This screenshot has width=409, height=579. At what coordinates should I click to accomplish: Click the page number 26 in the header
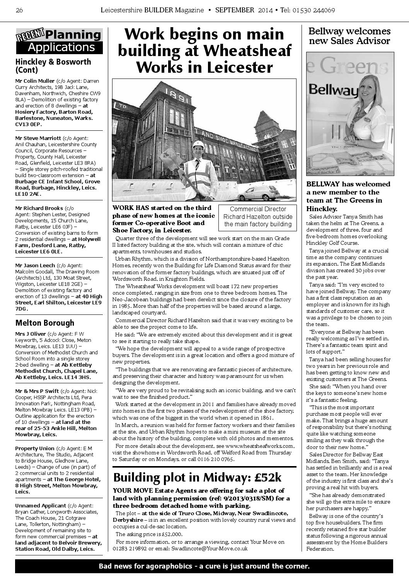coord(19,10)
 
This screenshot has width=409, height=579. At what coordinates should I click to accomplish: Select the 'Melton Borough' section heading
coord(44,323)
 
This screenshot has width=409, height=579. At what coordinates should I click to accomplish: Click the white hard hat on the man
coord(198,144)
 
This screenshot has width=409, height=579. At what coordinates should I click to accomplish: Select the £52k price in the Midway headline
coord(266,478)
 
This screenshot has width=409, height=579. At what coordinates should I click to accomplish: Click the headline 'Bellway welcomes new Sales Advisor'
coord(349,36)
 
